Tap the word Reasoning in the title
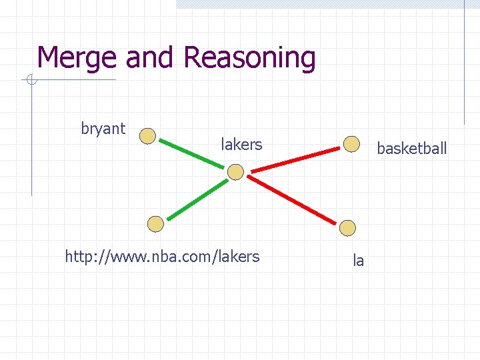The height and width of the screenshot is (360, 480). [x=249, y=58]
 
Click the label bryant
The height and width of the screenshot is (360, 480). [x=103, y=129]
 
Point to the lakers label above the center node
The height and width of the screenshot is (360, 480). [x=241, y=144]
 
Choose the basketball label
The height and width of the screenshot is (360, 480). [x=411, y=149]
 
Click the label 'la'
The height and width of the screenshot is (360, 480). [x=359, y=261]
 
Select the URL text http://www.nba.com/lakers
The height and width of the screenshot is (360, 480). [x=162, y=256]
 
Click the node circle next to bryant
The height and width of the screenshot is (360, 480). [x=147, y=136]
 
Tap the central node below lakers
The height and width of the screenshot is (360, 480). [x=236, y=173]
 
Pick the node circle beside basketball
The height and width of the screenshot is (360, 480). [x=351, y=143]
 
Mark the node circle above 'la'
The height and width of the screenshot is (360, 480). [x=348, y=227]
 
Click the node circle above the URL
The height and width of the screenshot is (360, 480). [x=155, y=224]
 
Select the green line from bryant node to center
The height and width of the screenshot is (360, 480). [x=192, y=155]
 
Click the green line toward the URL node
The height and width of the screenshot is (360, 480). [x=195, y=199]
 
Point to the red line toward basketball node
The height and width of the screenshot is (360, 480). [x=293, y=158]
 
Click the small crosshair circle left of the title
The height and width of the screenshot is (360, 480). [x=31, y=81]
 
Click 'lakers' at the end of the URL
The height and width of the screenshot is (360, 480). [x=239, y=256]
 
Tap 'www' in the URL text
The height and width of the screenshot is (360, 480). [x=115, y=256]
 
